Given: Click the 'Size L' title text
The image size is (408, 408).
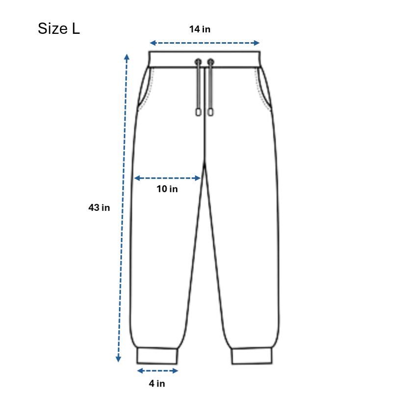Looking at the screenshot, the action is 59,28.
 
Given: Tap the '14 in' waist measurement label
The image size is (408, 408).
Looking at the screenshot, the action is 200,29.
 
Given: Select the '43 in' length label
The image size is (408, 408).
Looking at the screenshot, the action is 99,207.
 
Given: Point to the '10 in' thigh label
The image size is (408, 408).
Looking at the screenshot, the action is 167,189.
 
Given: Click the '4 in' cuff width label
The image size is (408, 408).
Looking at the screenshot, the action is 157,383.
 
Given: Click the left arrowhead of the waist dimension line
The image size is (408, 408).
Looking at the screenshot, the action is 153,43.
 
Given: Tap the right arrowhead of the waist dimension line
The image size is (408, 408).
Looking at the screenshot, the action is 256,43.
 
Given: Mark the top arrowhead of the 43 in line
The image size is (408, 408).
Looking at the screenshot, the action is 127,57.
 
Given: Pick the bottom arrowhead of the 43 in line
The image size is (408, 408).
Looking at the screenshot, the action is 118,359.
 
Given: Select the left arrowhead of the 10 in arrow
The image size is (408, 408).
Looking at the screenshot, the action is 137,178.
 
